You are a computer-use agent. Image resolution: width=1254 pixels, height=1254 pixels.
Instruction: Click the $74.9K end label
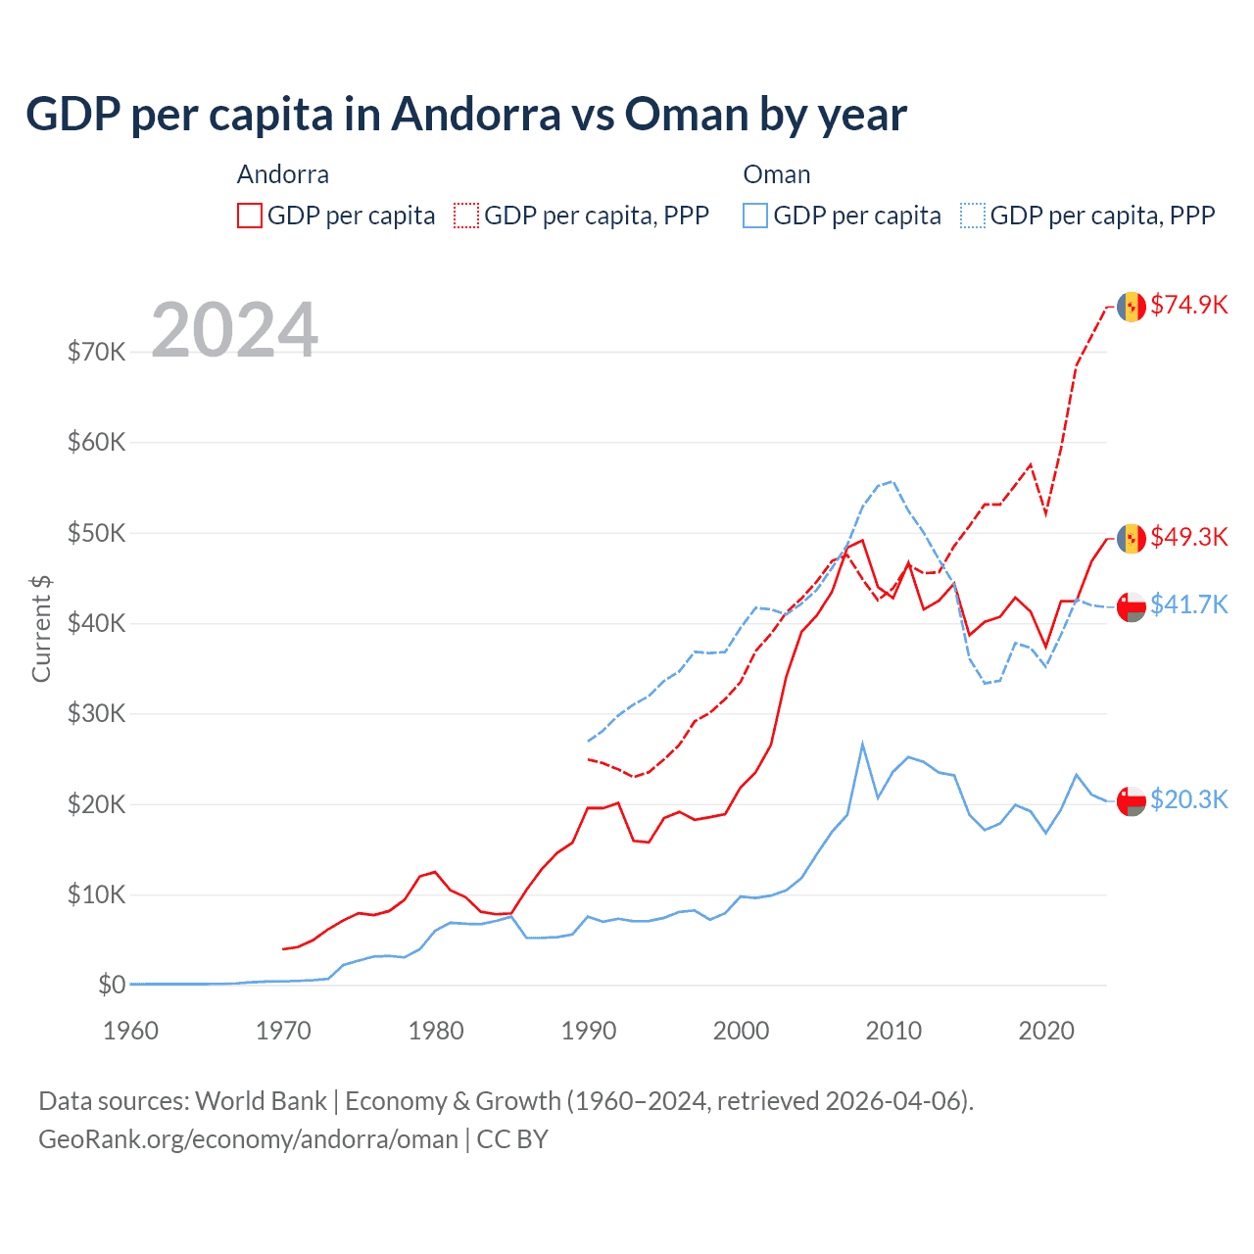[x=1188, y=305]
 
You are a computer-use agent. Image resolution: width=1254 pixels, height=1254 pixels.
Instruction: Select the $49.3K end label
[x=1188, y=537]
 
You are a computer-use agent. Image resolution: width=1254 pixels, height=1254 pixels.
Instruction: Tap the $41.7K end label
[x=1188, y=604]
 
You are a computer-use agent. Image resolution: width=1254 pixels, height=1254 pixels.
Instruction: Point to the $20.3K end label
[x=1188, y=799]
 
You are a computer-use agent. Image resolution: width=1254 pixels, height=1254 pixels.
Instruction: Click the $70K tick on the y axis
[x=96, y=352]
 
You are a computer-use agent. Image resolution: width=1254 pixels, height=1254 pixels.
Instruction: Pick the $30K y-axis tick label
[x=96, y=713]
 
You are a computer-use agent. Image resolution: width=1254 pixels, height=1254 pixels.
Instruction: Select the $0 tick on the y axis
[x=111, y=985]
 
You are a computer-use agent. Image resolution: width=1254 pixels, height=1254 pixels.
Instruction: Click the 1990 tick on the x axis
[x=589, y=1031]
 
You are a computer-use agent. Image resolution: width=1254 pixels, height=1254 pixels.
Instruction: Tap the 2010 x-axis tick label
[x=893, y=1031]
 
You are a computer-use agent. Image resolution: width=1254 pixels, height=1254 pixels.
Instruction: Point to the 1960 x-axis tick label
[x=130, y=1031]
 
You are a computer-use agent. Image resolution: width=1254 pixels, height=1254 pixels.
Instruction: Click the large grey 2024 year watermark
[x=234, y=330]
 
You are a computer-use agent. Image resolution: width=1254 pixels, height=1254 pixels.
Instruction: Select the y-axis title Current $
[x=41, y=628]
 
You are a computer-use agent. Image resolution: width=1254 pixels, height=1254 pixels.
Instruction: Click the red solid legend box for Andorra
[x=250, y=216]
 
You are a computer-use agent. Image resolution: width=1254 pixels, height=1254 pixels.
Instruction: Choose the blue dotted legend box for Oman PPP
[x=973, y=216]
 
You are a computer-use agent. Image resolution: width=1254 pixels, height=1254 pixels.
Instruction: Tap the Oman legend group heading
[x=776, y=174]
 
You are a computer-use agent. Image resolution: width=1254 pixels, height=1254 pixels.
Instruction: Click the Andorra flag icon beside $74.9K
[x=1132, y=306]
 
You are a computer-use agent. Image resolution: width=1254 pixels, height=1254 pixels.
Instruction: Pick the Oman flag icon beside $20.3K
[x=1132, y=800]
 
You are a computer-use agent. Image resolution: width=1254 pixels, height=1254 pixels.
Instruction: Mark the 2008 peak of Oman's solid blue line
[x=862, y=745]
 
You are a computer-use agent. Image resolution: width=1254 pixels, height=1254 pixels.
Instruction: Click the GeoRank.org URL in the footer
[x=248, y=1139]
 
